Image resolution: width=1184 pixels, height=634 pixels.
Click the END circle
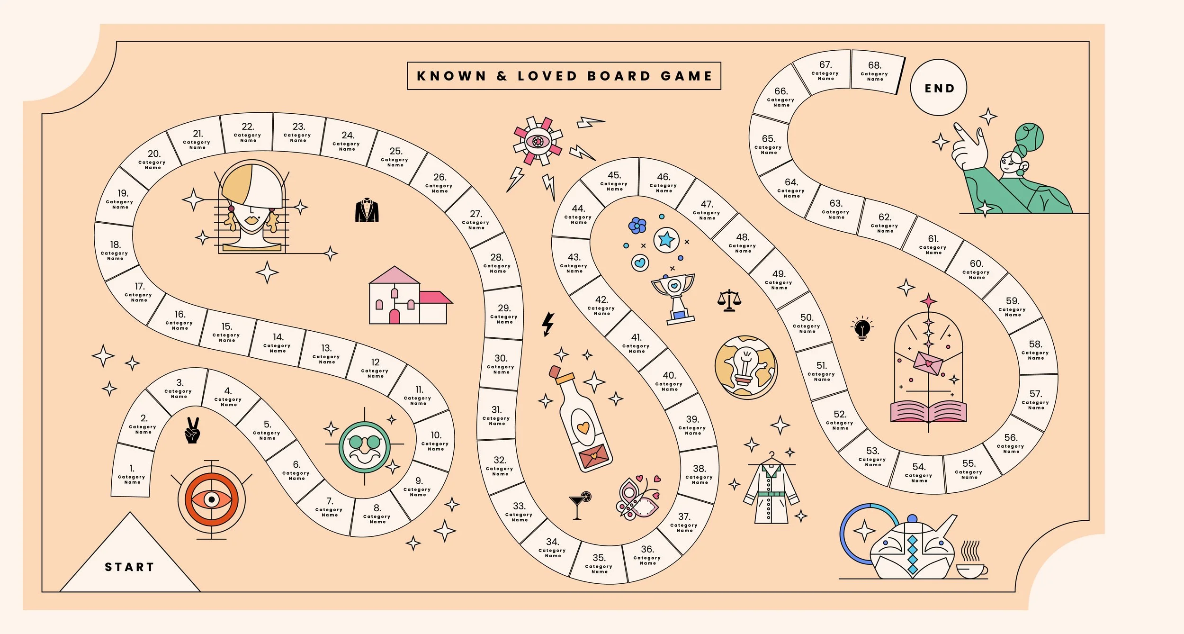(x=939, y=88)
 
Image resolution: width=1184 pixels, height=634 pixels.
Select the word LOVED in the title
(x=547, y=76)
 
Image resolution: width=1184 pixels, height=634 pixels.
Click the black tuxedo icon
(x=367, y=210)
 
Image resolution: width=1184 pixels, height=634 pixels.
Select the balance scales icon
(x=729, y=300)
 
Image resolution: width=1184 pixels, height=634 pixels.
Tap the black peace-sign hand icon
(x=193, y=430)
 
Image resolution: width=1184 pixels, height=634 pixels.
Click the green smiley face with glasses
(x=365, y=447)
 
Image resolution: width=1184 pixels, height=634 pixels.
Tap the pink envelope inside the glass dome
(x=928, y=363)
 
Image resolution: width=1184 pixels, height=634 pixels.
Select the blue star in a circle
(x=666, y=240)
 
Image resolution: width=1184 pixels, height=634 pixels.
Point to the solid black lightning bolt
(x=548, y=324)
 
